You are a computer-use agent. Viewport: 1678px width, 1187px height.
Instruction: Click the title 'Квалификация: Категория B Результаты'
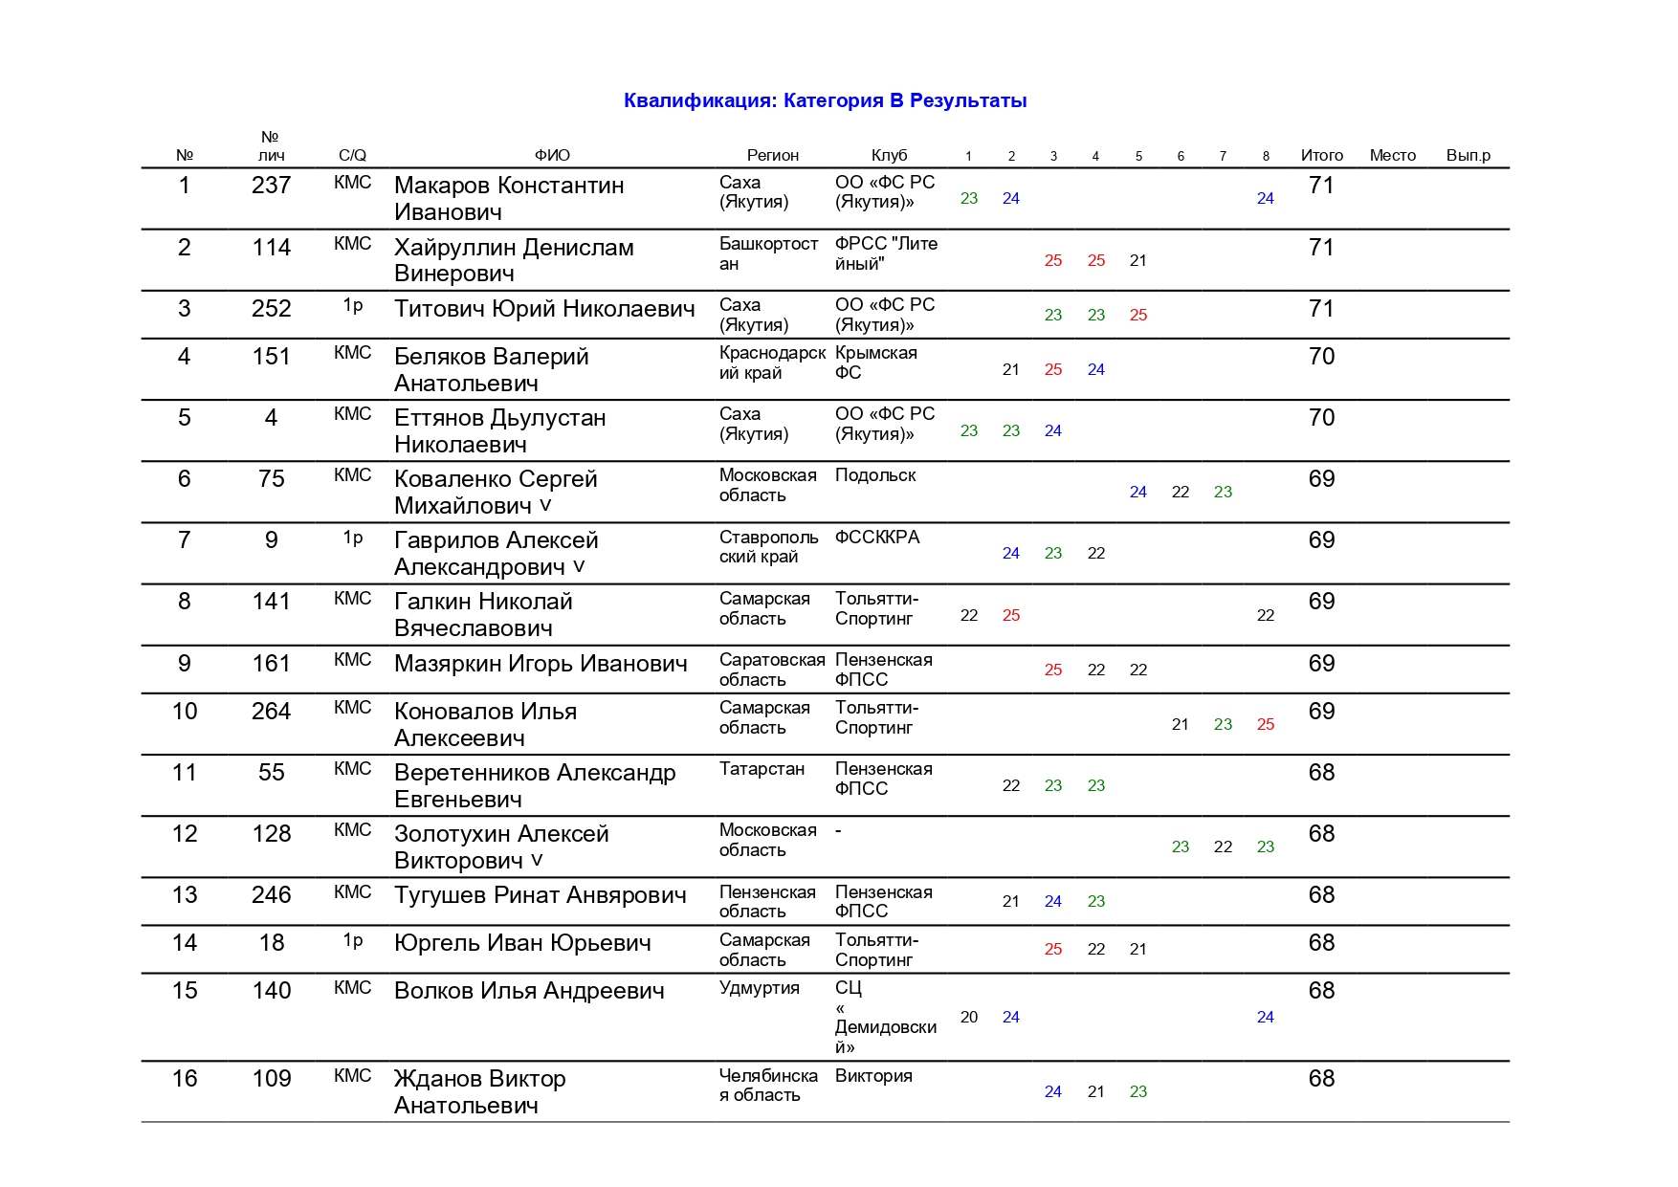(x=825, y=100)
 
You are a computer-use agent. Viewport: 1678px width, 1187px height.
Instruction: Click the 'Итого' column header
(x=1321, y=155)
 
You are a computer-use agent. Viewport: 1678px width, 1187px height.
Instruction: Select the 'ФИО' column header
(x=552, y=155)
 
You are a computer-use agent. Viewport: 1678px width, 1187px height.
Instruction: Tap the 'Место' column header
(x=1392, y=155)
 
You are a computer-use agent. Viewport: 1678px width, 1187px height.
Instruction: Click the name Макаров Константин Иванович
(x=509, y=198)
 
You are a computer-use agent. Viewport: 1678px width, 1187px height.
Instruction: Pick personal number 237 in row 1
(x=271, y=186)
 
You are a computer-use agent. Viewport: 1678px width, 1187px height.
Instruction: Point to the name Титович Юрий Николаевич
(x=544, y=309)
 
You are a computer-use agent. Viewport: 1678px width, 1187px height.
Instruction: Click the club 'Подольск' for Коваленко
(x=875, y=475)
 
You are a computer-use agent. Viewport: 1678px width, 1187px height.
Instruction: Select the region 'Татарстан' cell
(x=762, y=769)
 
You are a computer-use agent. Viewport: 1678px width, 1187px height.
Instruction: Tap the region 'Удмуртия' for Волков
(x=759, y=988)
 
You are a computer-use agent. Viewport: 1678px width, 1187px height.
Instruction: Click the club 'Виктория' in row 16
(x=873, y=1076)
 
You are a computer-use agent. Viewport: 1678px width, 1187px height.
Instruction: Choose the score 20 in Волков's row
(x=969, y=1017)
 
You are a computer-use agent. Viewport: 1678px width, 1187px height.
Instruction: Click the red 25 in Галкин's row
(x=1011, y=615)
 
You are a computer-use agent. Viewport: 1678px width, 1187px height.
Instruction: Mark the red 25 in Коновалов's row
(x=1265, y=724)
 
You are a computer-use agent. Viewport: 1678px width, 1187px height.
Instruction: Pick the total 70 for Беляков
(x=1321, y=357)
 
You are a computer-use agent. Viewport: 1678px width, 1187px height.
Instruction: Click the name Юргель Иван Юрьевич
(x=522, y=943)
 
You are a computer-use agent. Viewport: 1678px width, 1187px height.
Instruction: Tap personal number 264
(x=271, y=712)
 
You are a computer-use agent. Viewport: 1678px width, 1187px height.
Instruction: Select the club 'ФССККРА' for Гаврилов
(x=877, y=538)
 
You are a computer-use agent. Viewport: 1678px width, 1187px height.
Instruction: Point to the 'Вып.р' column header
(x=1468, y=155)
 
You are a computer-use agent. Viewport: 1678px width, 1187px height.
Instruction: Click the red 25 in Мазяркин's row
(x=1053, y=670)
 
